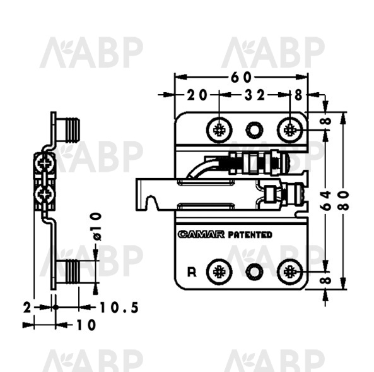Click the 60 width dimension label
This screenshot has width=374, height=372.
241,77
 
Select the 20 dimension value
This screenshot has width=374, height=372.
197,95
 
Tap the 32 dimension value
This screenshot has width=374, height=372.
255,95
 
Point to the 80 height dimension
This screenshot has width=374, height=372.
344,200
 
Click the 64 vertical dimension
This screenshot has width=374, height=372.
325,200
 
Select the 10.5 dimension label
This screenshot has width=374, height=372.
119,308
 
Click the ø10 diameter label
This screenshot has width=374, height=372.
97,227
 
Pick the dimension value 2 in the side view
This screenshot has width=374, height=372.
27,308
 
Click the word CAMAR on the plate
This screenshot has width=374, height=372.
201,234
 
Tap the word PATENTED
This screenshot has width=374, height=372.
250,234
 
